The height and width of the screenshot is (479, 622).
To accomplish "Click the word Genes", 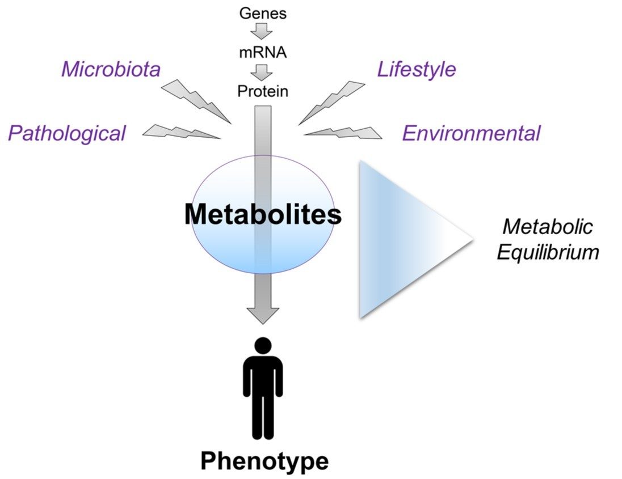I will point(262,13).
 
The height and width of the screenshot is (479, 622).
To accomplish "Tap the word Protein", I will point(262,91).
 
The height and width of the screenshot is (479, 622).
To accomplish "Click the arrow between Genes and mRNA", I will point(262,32).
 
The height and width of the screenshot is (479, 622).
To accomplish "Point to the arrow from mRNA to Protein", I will point(262,72).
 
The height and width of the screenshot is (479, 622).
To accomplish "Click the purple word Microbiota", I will point(111,70).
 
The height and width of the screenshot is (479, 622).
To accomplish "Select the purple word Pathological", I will point(66,134).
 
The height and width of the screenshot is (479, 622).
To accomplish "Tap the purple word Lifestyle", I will point(417,69).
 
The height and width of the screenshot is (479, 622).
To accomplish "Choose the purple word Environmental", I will point(471,134).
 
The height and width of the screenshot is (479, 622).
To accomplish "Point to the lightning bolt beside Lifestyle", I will point(331,101).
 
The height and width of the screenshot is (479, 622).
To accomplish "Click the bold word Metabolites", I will point(263,215).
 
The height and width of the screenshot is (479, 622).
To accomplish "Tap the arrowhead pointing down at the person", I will point(263,315).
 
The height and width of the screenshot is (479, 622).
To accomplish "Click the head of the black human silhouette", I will point(263,346).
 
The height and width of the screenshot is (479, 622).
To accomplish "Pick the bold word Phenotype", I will point(264,461).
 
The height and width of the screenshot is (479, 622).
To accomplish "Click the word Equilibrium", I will point(548,252).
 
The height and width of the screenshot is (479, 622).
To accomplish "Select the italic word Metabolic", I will point(548,227).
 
